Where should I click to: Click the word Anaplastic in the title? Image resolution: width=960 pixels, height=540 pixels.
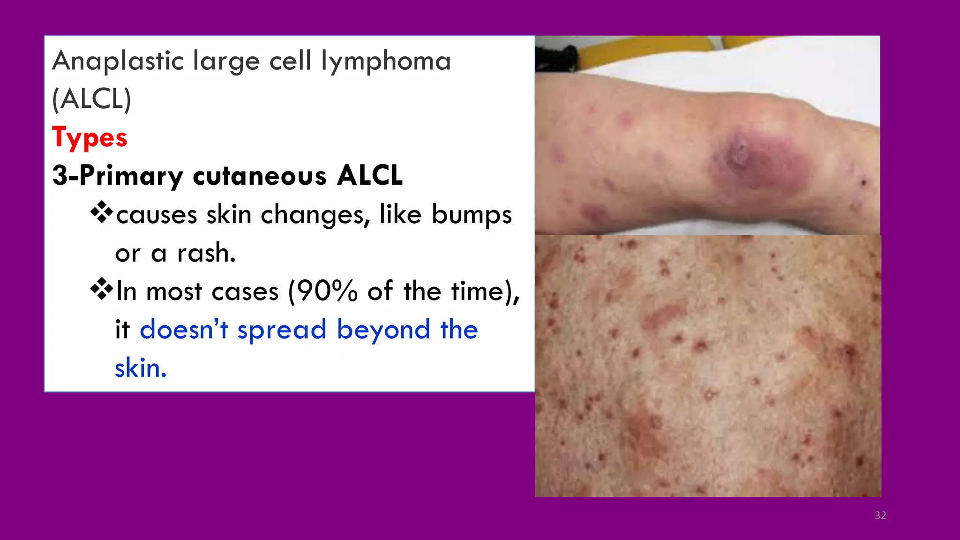(118, 61)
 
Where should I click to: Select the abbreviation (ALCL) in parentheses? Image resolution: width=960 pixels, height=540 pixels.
(91, 99)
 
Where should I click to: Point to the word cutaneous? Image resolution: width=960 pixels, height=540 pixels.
(260, 176)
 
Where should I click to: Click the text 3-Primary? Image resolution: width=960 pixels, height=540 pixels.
(117, 176)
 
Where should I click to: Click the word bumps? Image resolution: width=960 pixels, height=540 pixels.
(471, 215)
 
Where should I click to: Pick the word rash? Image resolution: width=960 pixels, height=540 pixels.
(206, 253)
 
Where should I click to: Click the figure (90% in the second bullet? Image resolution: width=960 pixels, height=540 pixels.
(323, 291)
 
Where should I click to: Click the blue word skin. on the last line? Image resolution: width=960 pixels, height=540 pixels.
(141, 368)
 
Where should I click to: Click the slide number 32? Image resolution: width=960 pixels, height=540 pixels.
(880, 515)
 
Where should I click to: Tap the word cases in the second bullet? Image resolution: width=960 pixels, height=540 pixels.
(245, 292)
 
